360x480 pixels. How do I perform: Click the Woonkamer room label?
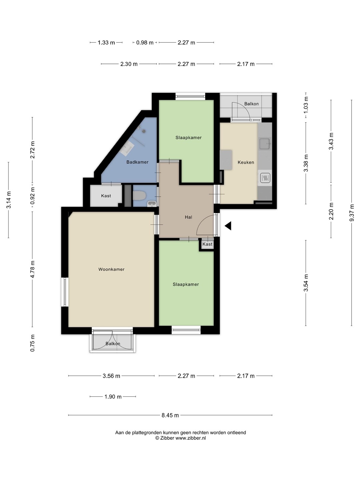(111, 269)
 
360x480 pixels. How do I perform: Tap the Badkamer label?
(137, 162)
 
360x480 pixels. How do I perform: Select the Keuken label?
(246, 162)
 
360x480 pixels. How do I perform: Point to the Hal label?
(188, 217)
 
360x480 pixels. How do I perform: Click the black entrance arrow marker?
(228, 226)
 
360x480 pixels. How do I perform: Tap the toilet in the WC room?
(139, 195)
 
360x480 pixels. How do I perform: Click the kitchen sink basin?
(265, 143)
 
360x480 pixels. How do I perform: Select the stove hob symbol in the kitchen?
(265, 178)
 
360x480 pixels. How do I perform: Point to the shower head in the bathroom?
(143, 131)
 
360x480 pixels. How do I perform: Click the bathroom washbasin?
(127, 148)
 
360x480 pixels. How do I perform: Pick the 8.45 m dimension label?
(170, 415)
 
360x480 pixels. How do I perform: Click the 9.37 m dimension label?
(352, 213)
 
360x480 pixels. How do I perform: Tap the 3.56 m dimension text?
(111, 376)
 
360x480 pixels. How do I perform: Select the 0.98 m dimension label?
(145, 43)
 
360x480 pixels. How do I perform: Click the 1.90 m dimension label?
(113, 396)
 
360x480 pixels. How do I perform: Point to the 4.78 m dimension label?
(32, 269)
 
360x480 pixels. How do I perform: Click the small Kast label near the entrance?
(207, 244)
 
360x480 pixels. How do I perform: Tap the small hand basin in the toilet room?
(152, 204)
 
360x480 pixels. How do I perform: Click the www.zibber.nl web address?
(191, 438)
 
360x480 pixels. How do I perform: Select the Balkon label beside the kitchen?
(251, 104)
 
